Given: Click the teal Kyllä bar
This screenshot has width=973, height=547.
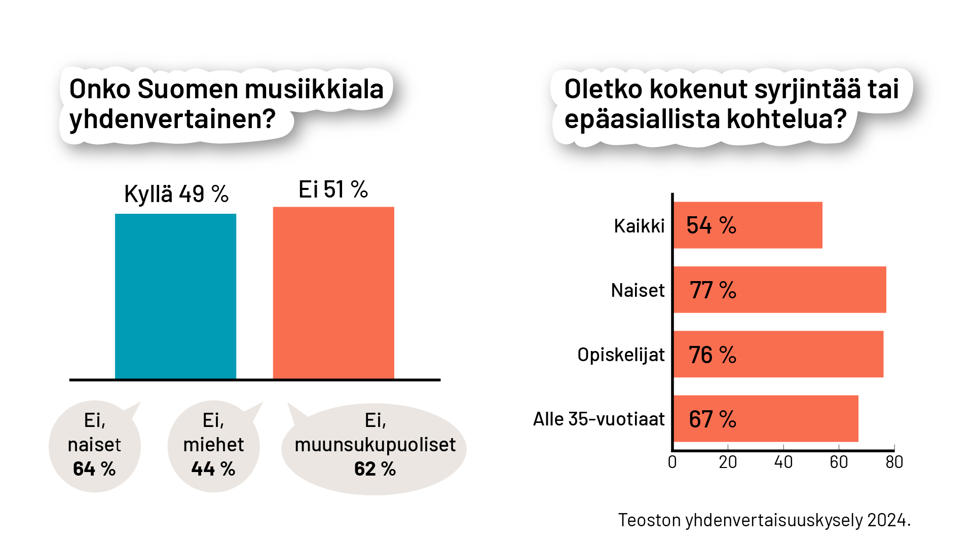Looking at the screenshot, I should point(175,296).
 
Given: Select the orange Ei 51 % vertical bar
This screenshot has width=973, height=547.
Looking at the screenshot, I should point(333,293).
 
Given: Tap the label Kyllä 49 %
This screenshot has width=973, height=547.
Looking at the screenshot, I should point(176,194).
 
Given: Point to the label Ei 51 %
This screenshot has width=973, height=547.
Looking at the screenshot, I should point(333,190).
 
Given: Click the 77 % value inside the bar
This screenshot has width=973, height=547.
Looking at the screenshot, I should point(713,290).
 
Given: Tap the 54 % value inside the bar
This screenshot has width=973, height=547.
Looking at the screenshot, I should point(711,225).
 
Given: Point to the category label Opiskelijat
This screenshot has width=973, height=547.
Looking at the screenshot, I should point(621,355).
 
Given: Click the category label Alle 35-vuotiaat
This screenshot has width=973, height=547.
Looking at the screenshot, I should point(598,419).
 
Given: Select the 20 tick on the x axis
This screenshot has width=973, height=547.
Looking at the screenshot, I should point(728,462).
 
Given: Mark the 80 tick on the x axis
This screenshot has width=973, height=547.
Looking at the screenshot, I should point(894,462).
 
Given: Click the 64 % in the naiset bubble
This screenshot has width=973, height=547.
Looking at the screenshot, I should point(94,469).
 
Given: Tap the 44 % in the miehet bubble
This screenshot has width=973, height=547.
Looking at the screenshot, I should point(213,469).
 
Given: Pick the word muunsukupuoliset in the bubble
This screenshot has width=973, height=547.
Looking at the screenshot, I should point(375,445).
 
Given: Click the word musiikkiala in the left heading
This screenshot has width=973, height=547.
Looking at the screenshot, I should point(314,89).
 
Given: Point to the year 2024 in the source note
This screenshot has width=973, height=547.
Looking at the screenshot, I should point(886,520).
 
